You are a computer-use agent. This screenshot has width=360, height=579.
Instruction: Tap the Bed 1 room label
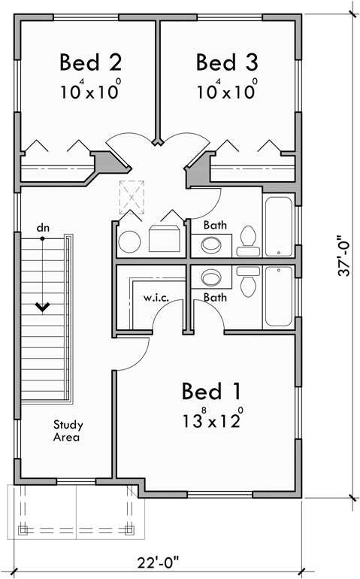pyautogui.click(x=211, y=392)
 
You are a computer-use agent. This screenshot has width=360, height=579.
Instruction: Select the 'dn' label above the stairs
pyautogui.click(x=43, y=227)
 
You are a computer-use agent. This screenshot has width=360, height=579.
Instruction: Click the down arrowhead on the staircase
pyautogui.click(x=43, y=306)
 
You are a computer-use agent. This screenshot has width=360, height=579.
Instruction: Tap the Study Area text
pyautogui.click(x=67, y=430)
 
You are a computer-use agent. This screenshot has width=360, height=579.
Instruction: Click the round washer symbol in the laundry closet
pyautogui.click(x=129, y=241)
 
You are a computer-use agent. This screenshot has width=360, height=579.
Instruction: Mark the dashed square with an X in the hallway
pyautogui.click(x=132, y=198)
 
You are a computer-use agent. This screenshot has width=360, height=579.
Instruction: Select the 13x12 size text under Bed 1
pyautogui.click(x=211, y=420)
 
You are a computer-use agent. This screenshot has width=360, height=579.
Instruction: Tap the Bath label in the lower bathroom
pyautogui.click(x=216, y=298)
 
